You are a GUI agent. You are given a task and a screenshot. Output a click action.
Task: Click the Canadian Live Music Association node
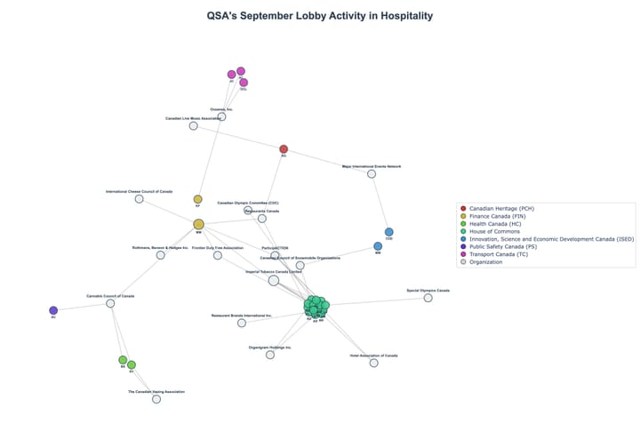coord(193,126)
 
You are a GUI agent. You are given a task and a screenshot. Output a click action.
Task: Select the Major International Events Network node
coord(372,173)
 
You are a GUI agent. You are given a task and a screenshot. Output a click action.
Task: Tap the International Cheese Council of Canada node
coord(139,198)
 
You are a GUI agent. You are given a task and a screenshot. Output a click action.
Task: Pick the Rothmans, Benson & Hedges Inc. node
coord(160,255)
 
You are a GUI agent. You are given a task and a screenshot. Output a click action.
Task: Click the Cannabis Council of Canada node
coord(110,303)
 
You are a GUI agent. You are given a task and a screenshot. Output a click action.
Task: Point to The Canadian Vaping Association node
coord(156,399)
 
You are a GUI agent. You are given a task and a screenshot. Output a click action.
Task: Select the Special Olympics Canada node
coord(428,298)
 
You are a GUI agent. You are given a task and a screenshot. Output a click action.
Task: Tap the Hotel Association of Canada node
coord(373,363)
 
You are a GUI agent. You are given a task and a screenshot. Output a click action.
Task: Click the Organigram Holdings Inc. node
coord(270,355)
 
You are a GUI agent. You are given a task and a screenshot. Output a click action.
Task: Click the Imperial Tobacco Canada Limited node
coord(274,280)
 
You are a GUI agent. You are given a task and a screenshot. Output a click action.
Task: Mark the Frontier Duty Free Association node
coord(218,255)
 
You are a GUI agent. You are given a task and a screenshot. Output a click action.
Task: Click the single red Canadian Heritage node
coord(284,149)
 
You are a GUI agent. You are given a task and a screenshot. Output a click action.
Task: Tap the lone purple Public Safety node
coord(53,310)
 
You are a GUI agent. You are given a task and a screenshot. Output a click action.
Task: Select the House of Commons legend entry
coord(499,231)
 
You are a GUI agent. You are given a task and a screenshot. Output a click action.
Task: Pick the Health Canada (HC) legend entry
coord(500,223)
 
